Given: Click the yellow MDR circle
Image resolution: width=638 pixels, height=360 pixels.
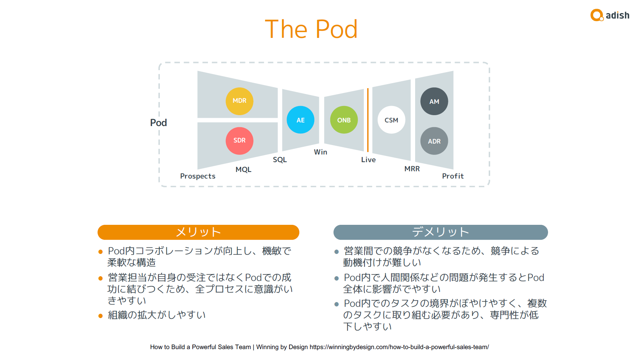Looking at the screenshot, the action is click(239, 101).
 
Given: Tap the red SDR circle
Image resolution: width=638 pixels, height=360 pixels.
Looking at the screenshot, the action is click(239, 141).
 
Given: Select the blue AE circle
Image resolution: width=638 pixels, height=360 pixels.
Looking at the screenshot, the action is click(300, 120).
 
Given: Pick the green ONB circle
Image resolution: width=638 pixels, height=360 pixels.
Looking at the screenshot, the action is click(344, 120).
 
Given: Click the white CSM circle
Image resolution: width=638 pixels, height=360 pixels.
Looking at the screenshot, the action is click(391, 120).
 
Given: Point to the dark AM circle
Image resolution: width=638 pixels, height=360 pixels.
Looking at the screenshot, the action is click(434, 101).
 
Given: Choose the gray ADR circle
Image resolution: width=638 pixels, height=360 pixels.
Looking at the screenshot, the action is click(434, 141).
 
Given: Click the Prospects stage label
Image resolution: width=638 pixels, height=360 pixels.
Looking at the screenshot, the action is click(198, 176).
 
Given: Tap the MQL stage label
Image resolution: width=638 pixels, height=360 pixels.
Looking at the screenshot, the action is click(243, 169).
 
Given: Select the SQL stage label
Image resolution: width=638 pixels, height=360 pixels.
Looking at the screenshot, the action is click(280, 160).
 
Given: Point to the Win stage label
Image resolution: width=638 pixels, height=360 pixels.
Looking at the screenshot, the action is click(320, 152).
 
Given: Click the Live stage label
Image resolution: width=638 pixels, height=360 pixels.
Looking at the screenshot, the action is click(368, 160).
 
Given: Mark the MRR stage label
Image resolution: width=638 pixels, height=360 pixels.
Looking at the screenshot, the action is click(412, 169).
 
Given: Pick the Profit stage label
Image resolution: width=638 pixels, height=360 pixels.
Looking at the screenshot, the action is click(453, 176).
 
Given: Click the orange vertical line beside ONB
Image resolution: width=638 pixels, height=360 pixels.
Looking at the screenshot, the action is click(368, 120).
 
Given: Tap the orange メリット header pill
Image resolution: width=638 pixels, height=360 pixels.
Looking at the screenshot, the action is click(198, 232).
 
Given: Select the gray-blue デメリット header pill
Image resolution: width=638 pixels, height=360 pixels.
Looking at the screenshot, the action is click(441, 232).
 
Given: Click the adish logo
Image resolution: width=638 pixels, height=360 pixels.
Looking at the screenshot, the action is click(610, 15).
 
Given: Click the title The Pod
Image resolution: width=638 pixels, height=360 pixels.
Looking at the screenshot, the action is click(311, 29).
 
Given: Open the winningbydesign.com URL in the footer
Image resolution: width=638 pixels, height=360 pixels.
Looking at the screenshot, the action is click(399, 347).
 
